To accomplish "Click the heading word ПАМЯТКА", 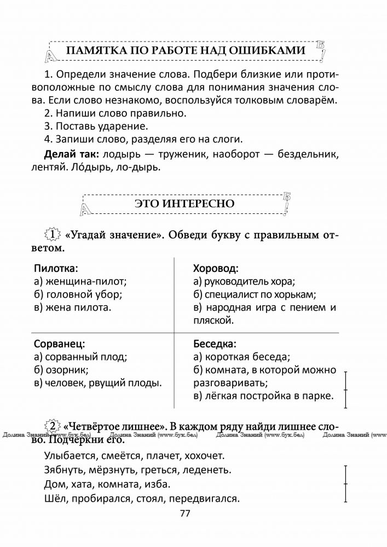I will coord(94,51).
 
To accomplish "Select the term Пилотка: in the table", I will coord(56,269).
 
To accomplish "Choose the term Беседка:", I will coord(215,345).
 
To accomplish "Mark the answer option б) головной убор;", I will coord(78,295).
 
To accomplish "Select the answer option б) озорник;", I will coord(61,370).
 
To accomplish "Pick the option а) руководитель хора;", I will coord(244,282).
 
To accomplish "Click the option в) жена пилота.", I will coord(72,307).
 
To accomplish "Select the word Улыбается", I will coord(68,455).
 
